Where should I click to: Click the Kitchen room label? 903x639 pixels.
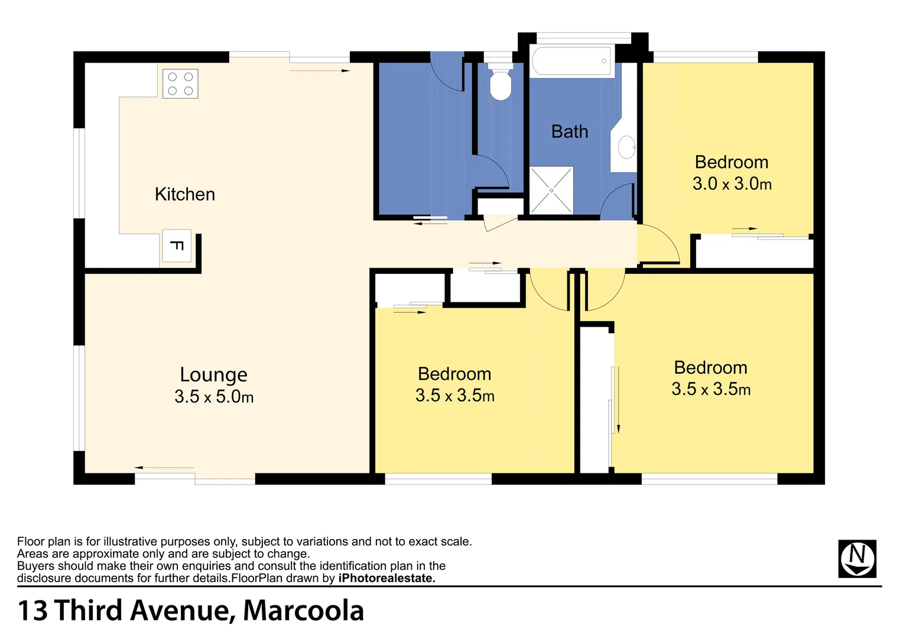(184, 194)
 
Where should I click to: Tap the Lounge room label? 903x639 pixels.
(213, 375)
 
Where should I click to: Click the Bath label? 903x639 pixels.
(569, 131)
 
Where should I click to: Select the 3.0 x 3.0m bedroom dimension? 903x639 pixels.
(732, 184)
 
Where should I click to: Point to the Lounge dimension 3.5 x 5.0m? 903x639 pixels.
(214, 396)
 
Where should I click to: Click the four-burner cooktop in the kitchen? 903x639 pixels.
(180, 83)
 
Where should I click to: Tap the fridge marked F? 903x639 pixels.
(176, 246)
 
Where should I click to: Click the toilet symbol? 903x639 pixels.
(501, 84)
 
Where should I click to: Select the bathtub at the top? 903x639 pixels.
(571, 61)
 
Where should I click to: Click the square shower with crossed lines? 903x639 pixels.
(551, 191)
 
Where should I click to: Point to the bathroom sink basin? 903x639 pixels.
(626, 147)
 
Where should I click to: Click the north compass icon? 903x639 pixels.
(857, 559)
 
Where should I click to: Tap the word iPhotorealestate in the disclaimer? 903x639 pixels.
(386, 579)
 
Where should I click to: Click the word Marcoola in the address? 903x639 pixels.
(303, 611)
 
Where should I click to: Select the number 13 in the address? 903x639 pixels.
(33, 611)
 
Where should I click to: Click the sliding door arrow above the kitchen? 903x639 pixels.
(320, 71)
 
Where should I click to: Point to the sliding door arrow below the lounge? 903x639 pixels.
(164, 468)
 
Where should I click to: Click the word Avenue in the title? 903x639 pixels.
(180, 611)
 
